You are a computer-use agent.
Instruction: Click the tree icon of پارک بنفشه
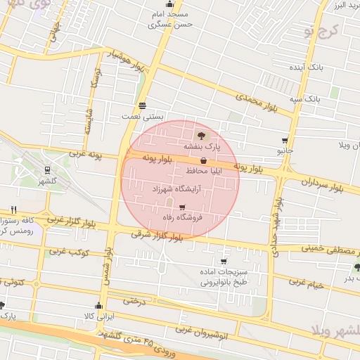202,136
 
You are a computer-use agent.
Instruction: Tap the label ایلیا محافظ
205,171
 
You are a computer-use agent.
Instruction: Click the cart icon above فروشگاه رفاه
183,207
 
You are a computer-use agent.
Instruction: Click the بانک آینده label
306,67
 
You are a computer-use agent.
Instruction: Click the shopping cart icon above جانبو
284,140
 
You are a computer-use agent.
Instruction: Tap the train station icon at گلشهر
47,169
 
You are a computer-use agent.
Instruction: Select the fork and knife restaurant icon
13,210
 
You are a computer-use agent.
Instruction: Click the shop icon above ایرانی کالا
98,306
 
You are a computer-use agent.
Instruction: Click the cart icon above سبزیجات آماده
224,261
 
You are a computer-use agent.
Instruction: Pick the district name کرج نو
322,30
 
